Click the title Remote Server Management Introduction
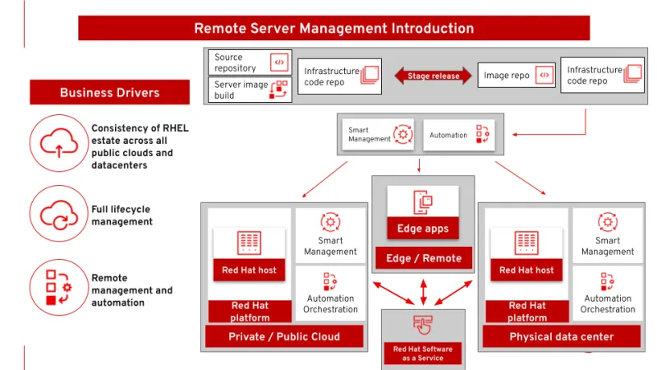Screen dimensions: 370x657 (x=333, y=28)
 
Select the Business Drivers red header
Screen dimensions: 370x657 (x=109, y=92)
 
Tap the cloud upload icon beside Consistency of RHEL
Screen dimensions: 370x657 (x=58, y=143)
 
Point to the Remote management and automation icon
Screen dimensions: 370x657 (x=58, y=287)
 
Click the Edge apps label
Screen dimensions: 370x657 (x=423, y=229)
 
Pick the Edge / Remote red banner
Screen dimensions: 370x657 (x=424, y=258)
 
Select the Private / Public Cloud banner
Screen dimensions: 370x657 (x=284, y=336)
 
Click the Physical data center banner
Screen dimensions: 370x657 (x=562, y=336)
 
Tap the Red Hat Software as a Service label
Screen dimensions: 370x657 (x=423, y=354)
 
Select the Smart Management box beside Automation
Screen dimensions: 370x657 (x=379, y=135)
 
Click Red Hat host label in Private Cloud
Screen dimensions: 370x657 (x=249, y=270)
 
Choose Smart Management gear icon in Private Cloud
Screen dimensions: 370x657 (x=330, y=222)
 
